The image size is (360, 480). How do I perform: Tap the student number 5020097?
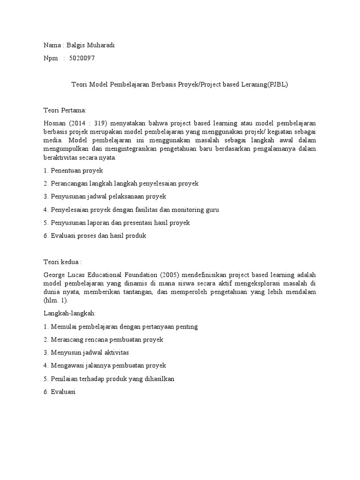pos(84,58)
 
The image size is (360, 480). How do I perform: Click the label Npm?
pos(50,58)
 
